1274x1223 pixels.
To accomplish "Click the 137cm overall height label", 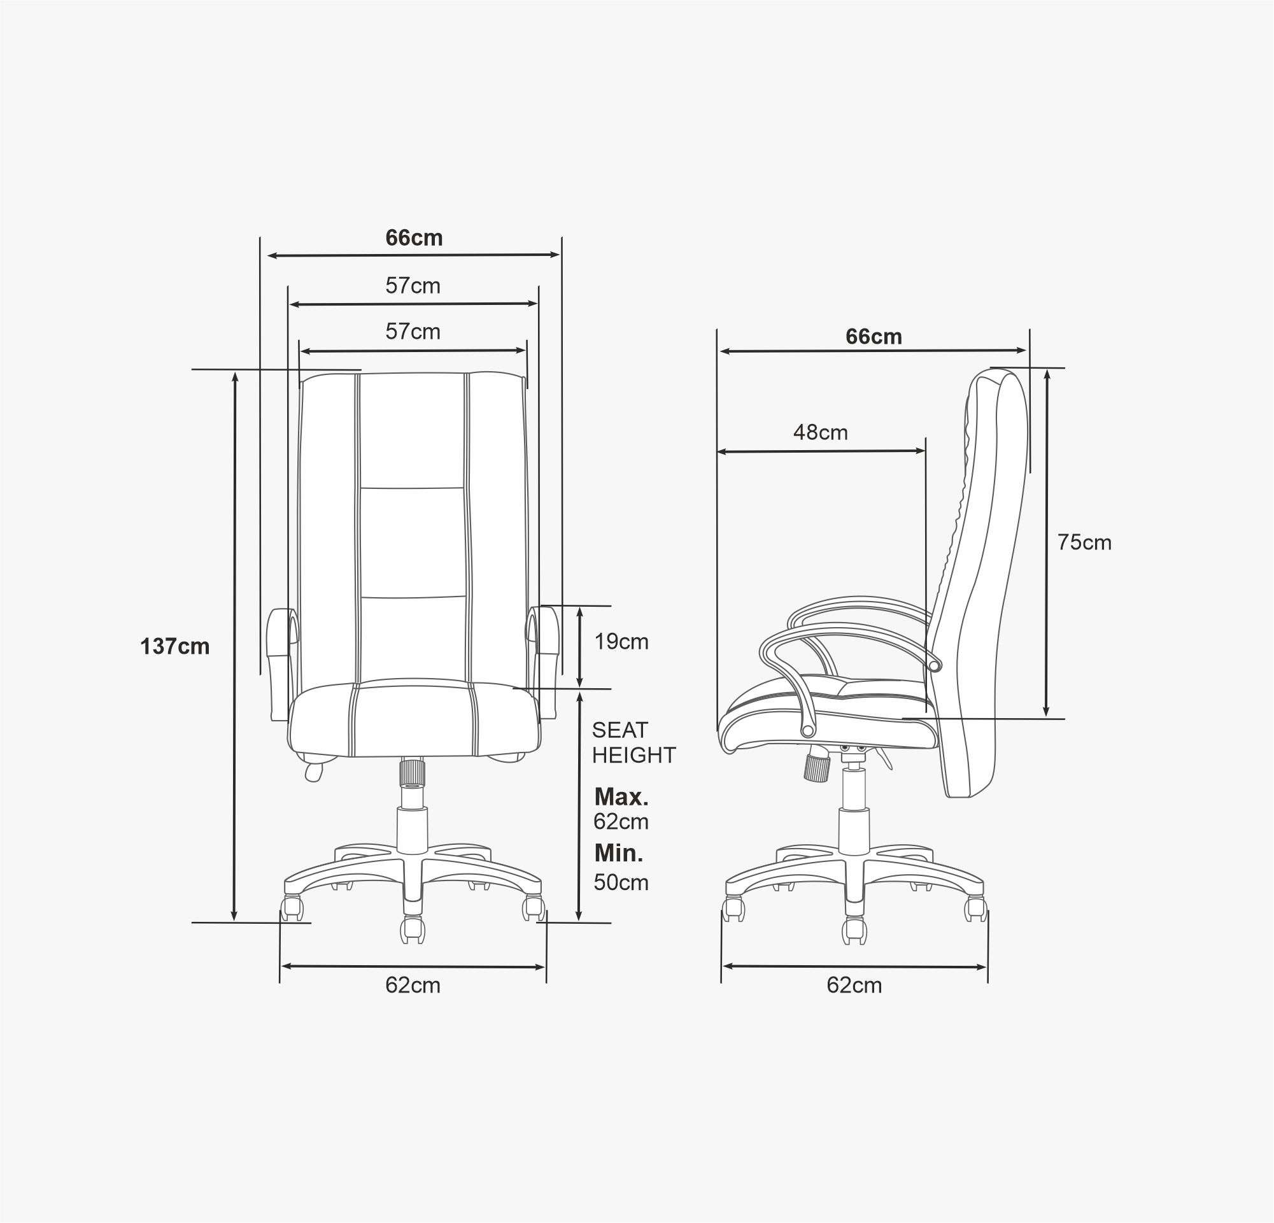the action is click(175, 647).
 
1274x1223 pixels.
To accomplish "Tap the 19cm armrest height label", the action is click(621, 641).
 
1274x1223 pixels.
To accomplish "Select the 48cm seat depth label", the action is click(820, 432).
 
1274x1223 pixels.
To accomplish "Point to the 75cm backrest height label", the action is click(1084, 542).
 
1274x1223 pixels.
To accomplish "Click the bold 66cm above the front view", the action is click(414, 238).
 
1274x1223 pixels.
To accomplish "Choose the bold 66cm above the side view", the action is click(874, 337).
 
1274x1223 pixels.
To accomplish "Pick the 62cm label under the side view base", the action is click(854, 985).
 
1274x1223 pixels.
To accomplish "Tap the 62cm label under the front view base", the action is click(413, 985).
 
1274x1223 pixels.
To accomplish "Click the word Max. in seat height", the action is click(621, 796).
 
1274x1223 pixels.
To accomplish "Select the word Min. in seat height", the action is click(619, 853).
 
